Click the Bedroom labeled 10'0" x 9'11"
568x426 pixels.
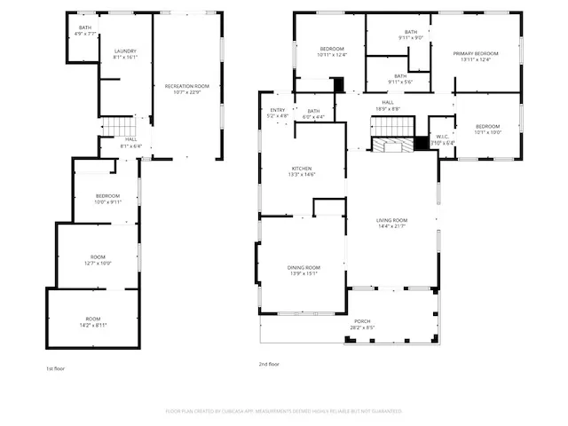point(107,198)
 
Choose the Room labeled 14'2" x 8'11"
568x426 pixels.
point(93,321)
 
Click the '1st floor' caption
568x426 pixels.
point(55,368)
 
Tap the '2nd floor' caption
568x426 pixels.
point(269,364)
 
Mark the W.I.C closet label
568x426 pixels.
point(442,140)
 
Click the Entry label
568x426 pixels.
point(278,113)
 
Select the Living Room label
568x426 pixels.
point(391,223)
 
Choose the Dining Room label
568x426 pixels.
point(303,270)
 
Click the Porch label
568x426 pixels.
point(362,324)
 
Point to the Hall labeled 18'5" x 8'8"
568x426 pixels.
point(388,106)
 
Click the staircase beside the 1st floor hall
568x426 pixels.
point(116,127)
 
